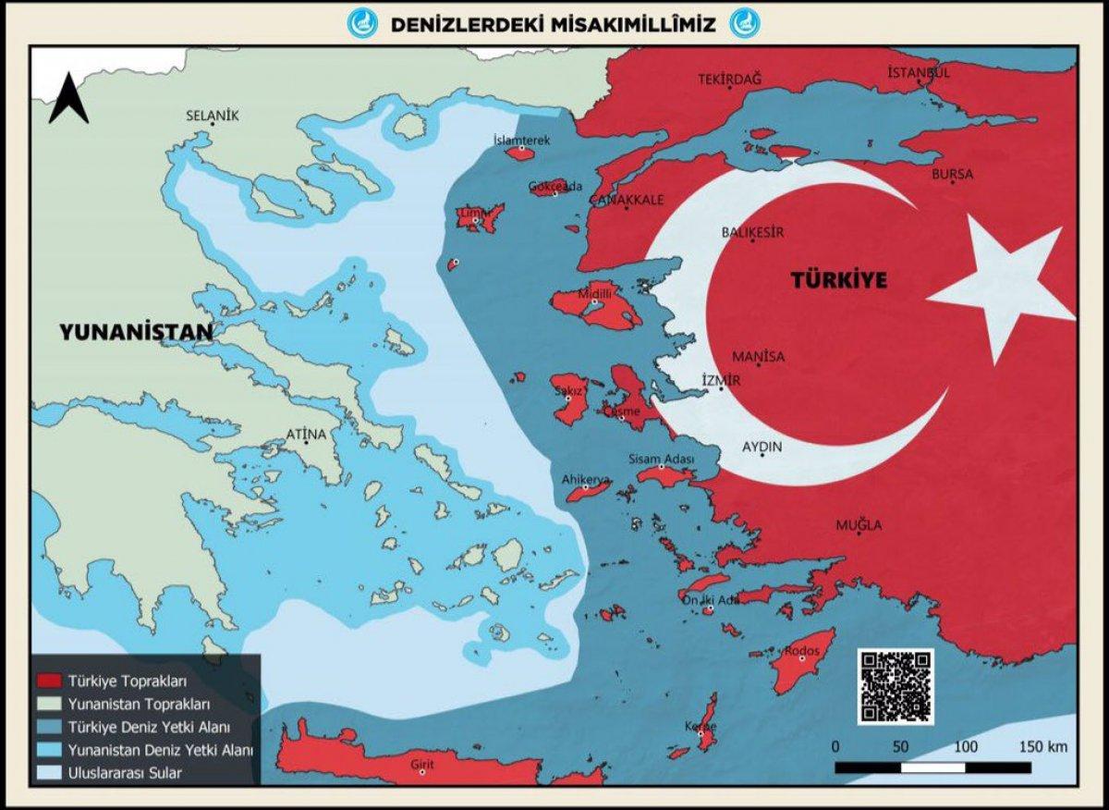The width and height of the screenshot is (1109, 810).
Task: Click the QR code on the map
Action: (x=896, y=685)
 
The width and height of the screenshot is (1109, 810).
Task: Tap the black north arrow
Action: (x=68, y=100)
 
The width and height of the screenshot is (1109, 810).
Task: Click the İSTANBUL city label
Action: (x=918, y=72)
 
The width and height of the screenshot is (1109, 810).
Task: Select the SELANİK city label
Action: (x=213, y=116)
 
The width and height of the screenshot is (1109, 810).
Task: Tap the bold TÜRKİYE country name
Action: (x=838, y=280)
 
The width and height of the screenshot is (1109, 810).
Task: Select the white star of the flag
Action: (x=1003, y=288)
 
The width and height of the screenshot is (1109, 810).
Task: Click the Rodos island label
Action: (x=802, y=651)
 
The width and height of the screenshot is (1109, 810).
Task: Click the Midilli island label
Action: (x=594, y=293)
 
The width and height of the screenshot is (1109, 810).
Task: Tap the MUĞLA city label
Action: (x=859, y=525)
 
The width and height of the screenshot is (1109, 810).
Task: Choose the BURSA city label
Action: (x=952, y=174)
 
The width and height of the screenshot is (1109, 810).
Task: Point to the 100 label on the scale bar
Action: (x=966, y=746)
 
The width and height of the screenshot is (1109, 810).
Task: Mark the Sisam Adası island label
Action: (x=661, y=459)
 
